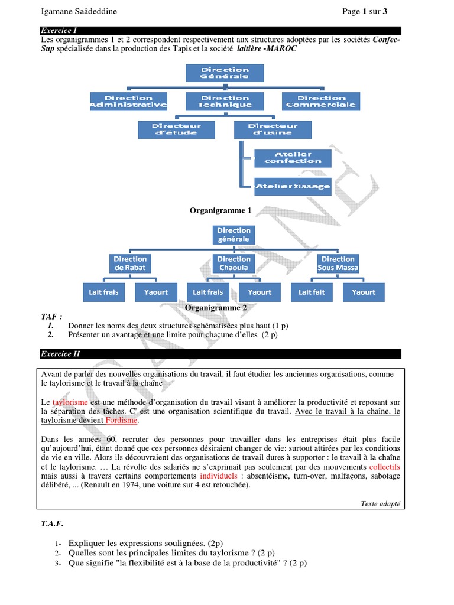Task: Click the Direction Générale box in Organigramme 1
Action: [x=225, y=73]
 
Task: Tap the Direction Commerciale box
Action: [x=321, y=102]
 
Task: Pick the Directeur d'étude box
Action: [x=176, y=129]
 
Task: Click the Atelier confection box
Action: [x=293, y=158]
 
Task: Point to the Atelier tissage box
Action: [x=293, y=186]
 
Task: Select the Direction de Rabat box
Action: [x=130, y=264]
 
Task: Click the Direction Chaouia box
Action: [x=234, y=264]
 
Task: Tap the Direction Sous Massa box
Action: [x=338, y=264]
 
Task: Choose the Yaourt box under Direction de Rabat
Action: [x=156, y=292]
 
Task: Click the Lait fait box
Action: [x=312, y=292]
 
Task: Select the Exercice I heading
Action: [x=59, y=30]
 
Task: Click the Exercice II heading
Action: [x=60, y=354]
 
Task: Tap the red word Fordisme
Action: [x=121, y=421]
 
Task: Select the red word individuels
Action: [x=218, y=475]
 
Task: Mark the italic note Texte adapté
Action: [x=380, y=503]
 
